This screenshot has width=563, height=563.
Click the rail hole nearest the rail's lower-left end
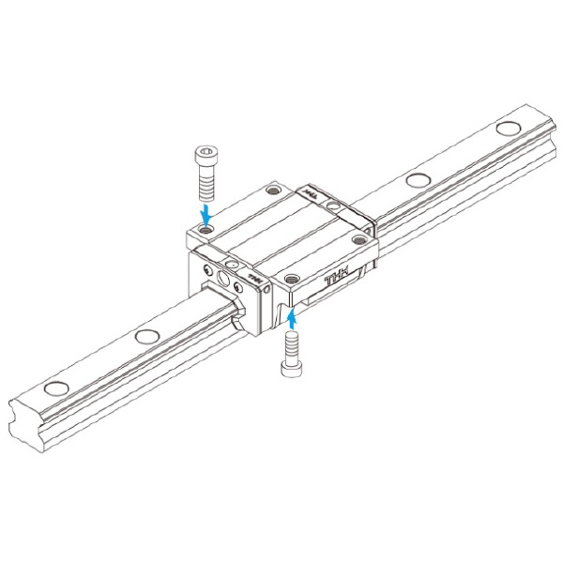[55, 387]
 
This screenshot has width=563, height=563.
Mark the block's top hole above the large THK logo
[290, 278]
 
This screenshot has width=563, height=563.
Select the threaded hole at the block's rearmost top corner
[273, 191]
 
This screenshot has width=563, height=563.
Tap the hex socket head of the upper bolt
[206, 153]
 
